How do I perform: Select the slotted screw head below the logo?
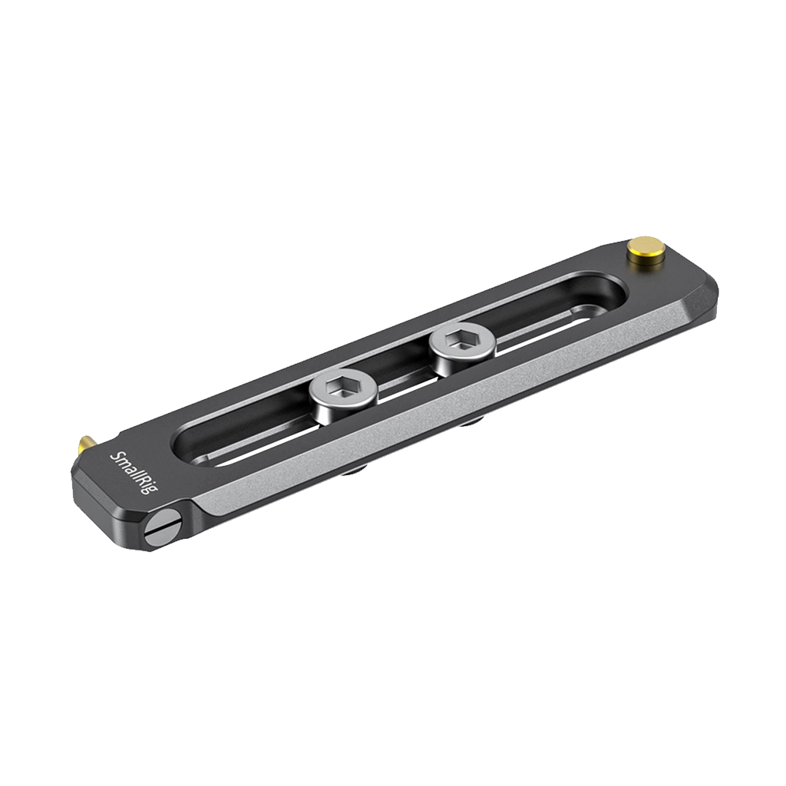coord(163,530)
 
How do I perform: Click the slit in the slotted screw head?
coord(163,530)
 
